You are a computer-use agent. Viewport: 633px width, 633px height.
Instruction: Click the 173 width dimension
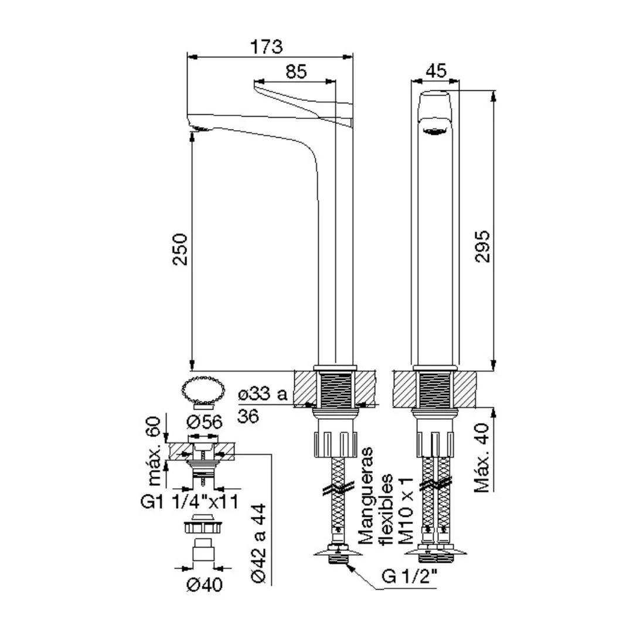(267, 47)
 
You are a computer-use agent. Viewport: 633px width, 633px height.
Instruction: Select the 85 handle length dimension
(297, 72)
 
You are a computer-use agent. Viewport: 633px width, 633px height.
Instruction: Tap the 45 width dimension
(437, 71)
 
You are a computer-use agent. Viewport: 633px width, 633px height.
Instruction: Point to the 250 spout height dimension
(180, 249)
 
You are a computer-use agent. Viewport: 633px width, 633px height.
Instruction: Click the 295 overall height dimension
(482, 247)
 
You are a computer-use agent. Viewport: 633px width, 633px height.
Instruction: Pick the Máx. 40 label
(482, 457)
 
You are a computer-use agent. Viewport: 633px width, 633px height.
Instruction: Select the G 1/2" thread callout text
(409, 577)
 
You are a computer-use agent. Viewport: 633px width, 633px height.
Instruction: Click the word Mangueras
(366, 496)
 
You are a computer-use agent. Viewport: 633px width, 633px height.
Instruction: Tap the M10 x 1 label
(406, 511)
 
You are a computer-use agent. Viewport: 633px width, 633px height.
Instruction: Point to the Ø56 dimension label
(205, 422)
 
